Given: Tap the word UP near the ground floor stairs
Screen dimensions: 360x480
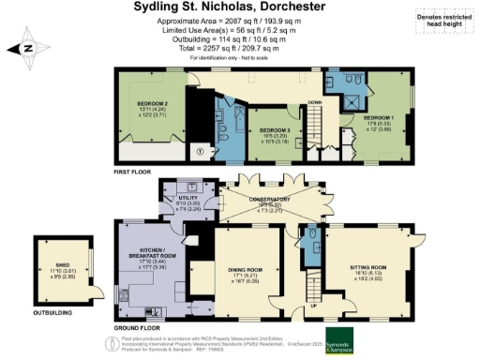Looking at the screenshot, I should point(313,306).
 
